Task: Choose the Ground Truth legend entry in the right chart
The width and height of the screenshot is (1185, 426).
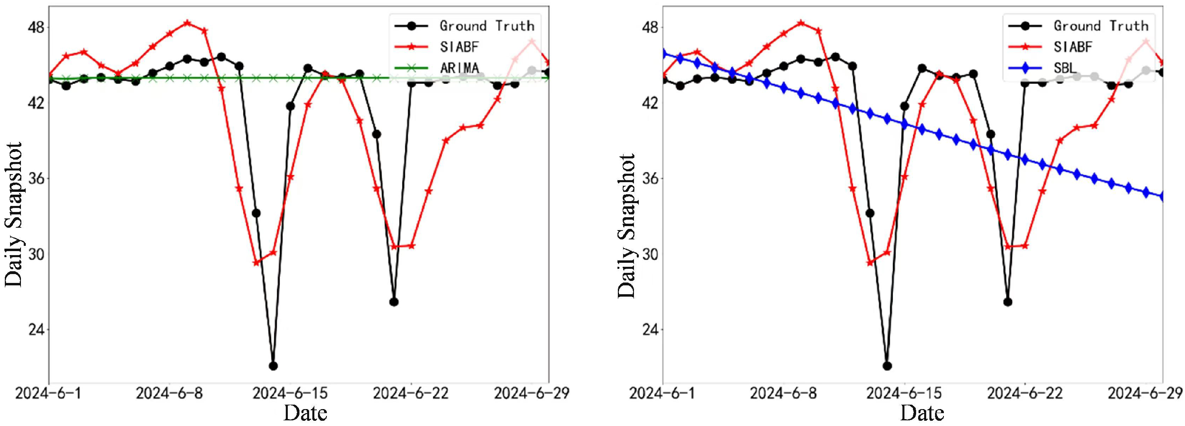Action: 1078,25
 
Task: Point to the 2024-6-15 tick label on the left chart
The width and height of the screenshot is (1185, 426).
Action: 290,393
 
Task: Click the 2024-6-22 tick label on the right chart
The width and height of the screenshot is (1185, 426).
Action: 1025,393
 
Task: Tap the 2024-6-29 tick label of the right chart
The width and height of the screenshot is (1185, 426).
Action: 1146,393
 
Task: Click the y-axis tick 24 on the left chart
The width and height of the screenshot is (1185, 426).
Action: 37,330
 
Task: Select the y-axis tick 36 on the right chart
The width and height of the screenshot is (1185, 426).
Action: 651,178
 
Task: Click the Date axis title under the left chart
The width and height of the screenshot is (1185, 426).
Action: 305,413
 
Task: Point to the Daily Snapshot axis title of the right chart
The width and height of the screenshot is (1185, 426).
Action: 627,226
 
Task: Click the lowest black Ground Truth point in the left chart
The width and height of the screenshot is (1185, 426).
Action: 273,366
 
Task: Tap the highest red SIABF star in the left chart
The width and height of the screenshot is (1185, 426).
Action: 187,23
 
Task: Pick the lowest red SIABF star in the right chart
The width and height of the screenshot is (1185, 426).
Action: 870,262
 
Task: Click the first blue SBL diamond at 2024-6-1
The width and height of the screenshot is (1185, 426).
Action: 663,54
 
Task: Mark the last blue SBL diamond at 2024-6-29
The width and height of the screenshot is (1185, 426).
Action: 1162,197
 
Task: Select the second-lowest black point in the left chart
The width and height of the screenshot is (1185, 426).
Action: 394,301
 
